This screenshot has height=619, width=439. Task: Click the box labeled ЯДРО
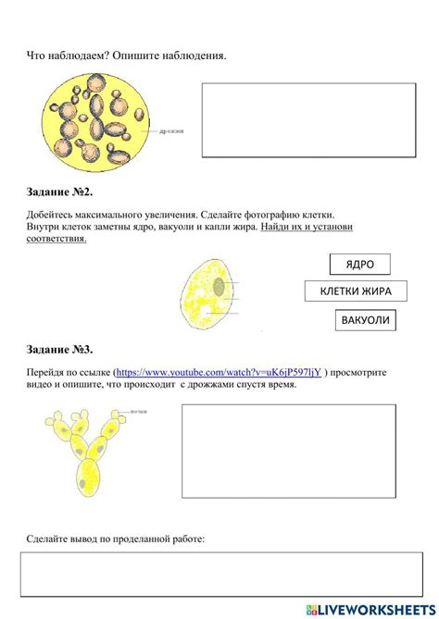(x=359, y=265)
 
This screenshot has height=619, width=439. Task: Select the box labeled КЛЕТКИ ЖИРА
(x=356, y=292)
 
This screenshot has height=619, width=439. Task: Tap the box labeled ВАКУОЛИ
(x=366, y=321)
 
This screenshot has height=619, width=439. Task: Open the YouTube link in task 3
(x=219, y=372)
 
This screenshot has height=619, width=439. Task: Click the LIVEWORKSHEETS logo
(x=367, y=608)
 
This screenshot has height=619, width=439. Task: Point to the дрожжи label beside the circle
(x=171, y=131)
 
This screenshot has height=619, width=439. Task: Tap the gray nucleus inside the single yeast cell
(x=219, y=287)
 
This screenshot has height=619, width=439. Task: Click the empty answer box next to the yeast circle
(x=308, y=119)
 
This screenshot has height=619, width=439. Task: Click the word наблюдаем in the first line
(x=78, y=56)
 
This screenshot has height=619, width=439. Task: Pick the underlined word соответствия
(x=57, y=239)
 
